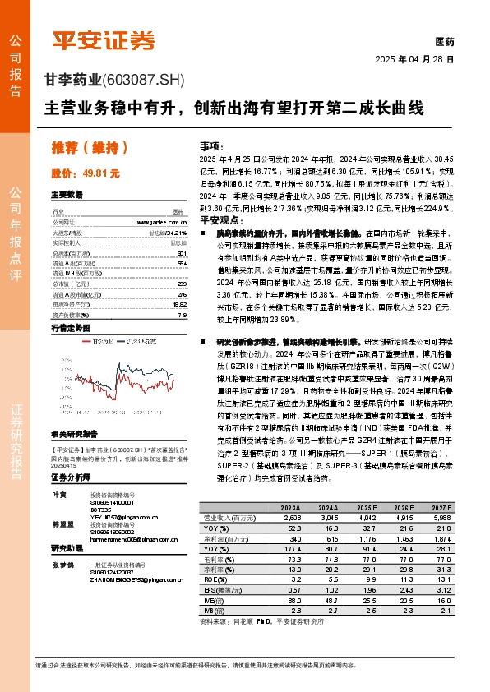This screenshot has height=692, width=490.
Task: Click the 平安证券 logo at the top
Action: pyautogui.click(x=103, y=39)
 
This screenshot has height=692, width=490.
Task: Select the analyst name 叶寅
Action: pyautogui.click(x=58, y=493)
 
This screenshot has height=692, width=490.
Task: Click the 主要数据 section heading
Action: pyautogui.click(x=67, y=195)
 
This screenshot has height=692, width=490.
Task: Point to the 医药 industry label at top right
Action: pyautogui.click(x=443, y=43)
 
